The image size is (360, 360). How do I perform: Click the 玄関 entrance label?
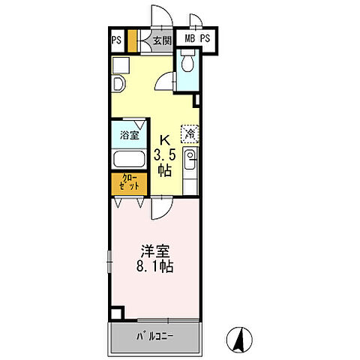pos(162,40)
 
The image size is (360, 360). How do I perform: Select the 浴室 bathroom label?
pos(129,135)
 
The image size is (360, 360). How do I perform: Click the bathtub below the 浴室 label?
pos(129,159)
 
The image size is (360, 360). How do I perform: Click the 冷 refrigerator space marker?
pos(190,133)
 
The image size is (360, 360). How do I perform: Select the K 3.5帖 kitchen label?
pos(164,155)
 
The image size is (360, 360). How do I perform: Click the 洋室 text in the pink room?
pos(155,251)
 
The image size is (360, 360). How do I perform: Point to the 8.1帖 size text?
pos(155,266)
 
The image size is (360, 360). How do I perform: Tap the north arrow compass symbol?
pos(239,340)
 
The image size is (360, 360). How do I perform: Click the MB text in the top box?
pos(190,38)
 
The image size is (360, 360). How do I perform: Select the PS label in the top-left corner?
pos(116,40)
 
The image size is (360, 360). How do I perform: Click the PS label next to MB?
pos(205,38)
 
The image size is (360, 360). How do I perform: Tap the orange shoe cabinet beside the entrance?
pos(132,41)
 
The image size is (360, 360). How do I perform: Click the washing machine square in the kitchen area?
pos(121,65)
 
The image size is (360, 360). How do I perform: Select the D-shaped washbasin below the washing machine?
pos(118,84)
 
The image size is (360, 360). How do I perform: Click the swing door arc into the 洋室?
pos(162,208)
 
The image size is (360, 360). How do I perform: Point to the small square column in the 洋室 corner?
pos(116,313)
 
